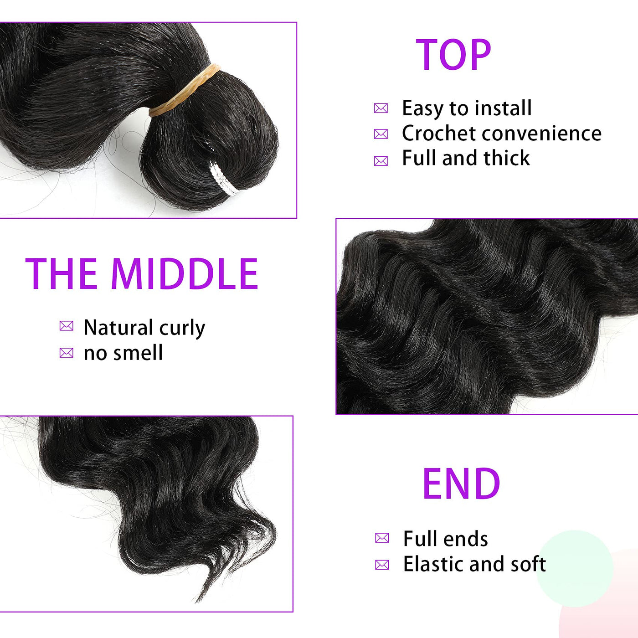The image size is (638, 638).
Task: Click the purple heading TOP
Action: pyautogui.click(x=453, y=55)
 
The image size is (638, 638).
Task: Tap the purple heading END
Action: pyautogui.click(x=461, y=483)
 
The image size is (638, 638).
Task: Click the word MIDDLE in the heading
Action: pyautogui.click(x=185, y=274)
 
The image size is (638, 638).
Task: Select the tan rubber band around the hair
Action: pyautogui.click(x=184, y=90)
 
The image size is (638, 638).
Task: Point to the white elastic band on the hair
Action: pyautogui.click(x=222, y=177)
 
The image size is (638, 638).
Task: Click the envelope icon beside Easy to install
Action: pyautogui.click(x=381, y=108)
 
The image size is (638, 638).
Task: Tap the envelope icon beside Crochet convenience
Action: pyautogui.click(x=381, y=134)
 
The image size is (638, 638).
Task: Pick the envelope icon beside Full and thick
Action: pyautogui.click(x=381, y=161)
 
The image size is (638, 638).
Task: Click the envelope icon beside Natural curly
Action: pyautogui.click(x=66, y=326)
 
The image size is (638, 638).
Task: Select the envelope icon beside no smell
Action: pyautogui.click(x=66, y=353)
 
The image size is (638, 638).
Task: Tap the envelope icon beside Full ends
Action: pyautogui.click(x=382, y=538)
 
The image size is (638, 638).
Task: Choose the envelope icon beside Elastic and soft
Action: pyautogui.click(x=382, y=565)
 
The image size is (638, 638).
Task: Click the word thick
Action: pyautogui.click(x=506, y=158)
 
